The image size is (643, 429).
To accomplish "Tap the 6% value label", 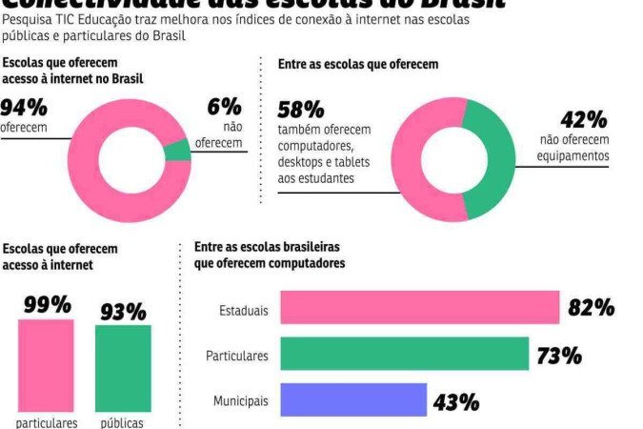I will (x=225, y=106).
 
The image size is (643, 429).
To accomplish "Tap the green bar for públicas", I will (x=123, y=368).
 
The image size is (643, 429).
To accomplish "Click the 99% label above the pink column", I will (x=46, y=304).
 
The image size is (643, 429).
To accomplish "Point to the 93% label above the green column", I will (x=123, y=311).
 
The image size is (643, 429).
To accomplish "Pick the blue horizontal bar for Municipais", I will (x=352, y=399).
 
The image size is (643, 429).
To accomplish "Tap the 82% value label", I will (x=591, y=308).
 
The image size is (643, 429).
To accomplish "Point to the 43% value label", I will (x=456, y=401).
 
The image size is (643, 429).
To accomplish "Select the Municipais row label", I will (x=240, y=401).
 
